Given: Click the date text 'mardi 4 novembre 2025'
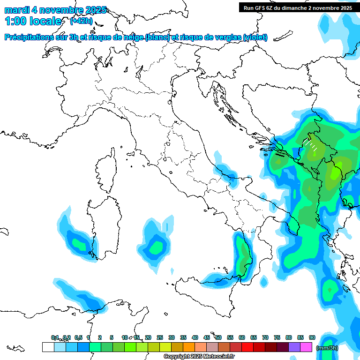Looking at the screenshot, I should [55, 10].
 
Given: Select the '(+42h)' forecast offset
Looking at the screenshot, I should [81, 21].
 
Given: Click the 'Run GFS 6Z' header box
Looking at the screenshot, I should [298, 7].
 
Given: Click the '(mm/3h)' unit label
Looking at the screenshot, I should [327, 348].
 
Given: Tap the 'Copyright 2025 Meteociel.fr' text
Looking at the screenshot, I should [199, 357].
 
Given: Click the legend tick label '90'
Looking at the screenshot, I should [312, 337].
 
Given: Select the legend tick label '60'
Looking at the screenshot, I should [241, 337].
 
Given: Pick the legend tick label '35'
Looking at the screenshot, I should [183, 337].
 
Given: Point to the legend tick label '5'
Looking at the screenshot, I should [112, 337].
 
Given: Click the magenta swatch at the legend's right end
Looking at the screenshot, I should [306, 347].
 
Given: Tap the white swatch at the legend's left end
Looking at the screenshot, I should [48, 347].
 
